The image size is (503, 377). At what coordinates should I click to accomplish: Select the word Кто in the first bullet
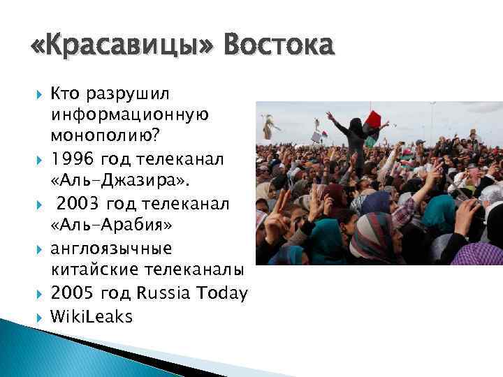(65, 94)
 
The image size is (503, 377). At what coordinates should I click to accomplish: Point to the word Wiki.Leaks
(91, 316)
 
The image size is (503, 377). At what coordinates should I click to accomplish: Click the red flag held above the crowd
(374, 117)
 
